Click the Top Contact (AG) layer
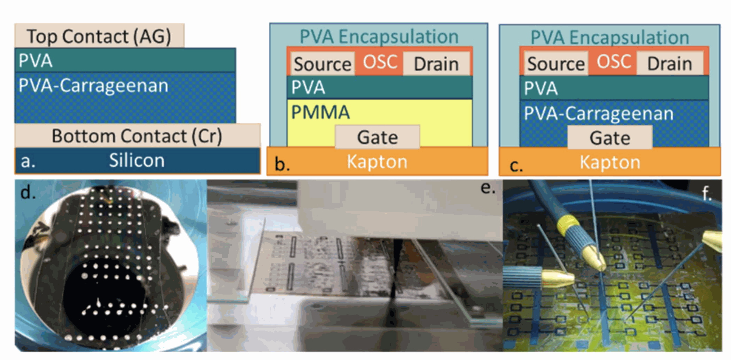(x=99, y=37)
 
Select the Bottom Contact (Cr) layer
(x=137, y=136)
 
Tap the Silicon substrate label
(x=137, y=160)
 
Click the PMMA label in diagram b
(x=321, y=113)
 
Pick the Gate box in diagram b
(x=377, y=137)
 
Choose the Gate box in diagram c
(x=610, y=138)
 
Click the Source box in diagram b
(x=322, y=64)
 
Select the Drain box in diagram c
(x=669, y=64)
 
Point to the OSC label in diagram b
(x=380, y=62)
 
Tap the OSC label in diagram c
(x=614, y=62)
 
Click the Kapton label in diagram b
(x=377, y=162)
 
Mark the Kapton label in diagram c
(x=610, y=163)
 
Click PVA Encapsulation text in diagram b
(x=379, y=37)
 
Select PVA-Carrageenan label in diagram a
(x=93, y=86)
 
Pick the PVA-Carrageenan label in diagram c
(x=599, y=113)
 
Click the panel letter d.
(x=28, y=193)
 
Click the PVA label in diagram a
(x=36, y=61)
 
